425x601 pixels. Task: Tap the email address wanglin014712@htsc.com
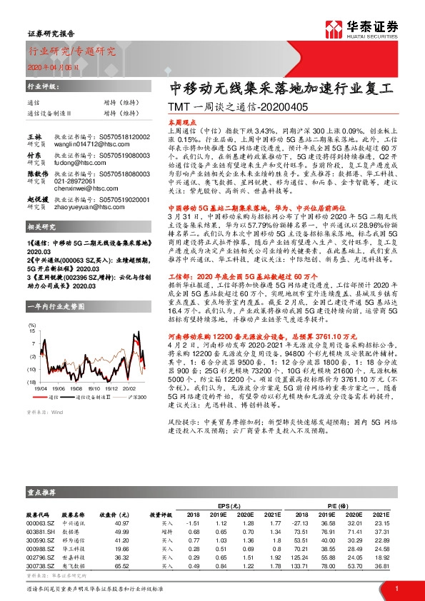pyautogui.click(x=84, y=142)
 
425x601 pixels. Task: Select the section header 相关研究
pyautogui.click(x=41, y=227)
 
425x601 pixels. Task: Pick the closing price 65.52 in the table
pyautogui.click(x=112, y=566)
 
